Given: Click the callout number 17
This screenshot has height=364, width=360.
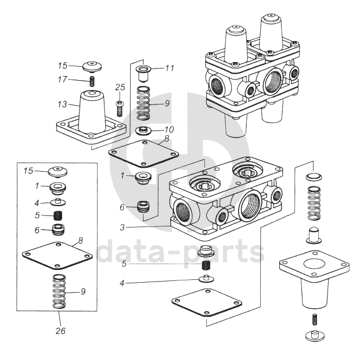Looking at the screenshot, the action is click(x=62, y=80).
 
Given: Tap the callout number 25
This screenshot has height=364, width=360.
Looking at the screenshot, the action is click(x=120, y=87).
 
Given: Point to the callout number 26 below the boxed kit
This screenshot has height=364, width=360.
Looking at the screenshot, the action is click(x=60, y=331).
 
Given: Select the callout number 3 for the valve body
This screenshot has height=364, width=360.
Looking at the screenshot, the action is click(x=122, y=227).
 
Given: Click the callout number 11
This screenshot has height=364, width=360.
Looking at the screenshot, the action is click(x=170, y=69).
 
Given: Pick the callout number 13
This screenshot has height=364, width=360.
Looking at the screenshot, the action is click(x=62, y=104).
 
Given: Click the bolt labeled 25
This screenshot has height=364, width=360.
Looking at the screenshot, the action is click(x=120, y=109).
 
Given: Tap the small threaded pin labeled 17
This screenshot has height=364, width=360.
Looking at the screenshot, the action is click(x=92, y=81).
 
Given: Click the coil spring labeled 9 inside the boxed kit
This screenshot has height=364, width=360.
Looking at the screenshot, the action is click(x=59, y=291).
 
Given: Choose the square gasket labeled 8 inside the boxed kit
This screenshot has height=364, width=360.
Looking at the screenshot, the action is click(x=57, y=255).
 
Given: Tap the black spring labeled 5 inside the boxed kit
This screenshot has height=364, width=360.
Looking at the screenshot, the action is click(x=58, y=215).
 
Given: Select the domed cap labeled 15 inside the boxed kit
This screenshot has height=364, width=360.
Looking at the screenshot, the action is click(x=57, y=171).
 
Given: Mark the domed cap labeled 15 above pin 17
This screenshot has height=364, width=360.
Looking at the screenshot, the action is click(x=92, y=66).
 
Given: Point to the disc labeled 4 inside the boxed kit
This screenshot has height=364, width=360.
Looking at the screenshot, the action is click(x=58, y=202).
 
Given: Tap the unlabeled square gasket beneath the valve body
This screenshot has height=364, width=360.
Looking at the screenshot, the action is click(x=207, y=302).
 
